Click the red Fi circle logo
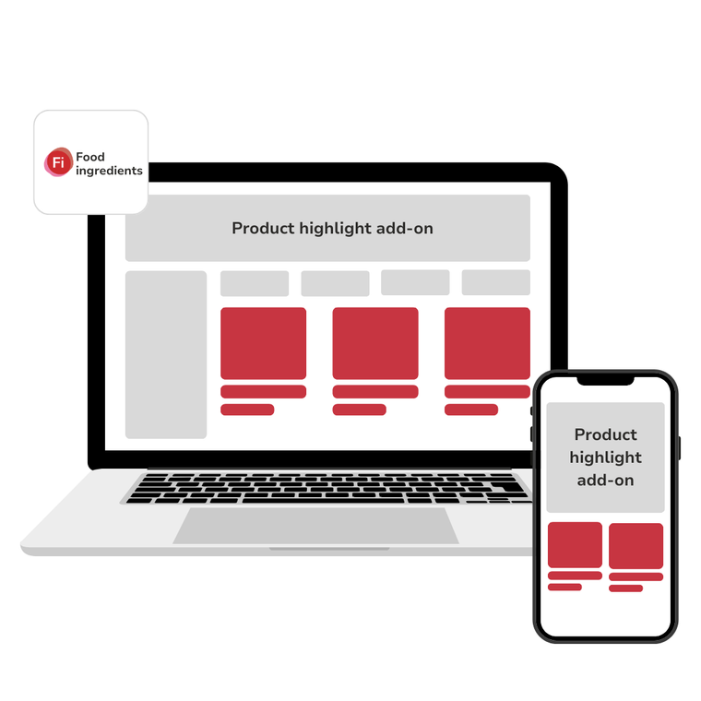tap(58, 163)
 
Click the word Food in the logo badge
tap(90, 158)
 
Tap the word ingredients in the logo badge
tap(109, 171)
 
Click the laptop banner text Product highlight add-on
tap(332, 228)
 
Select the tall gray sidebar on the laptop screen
tap(166, 354)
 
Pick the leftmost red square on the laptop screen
tap(263, 343)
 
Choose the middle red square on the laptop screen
tap(374, 343)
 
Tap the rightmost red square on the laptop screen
tap(487, 343)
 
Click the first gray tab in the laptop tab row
tap(255, 283)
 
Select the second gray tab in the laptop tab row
tap(335, 283)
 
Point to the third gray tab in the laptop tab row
tap(415, 283)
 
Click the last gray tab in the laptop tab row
tap(495, 283)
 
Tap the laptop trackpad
tap(315, 526)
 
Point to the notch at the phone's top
tap(605, 380)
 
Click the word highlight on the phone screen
tap(605, 457)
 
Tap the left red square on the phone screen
tap(575, 545)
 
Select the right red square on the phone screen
tap(636, 546)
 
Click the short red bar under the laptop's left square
tap(247, 410)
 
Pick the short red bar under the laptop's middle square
tap(359, 410)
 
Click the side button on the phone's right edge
tap(679, 447)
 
